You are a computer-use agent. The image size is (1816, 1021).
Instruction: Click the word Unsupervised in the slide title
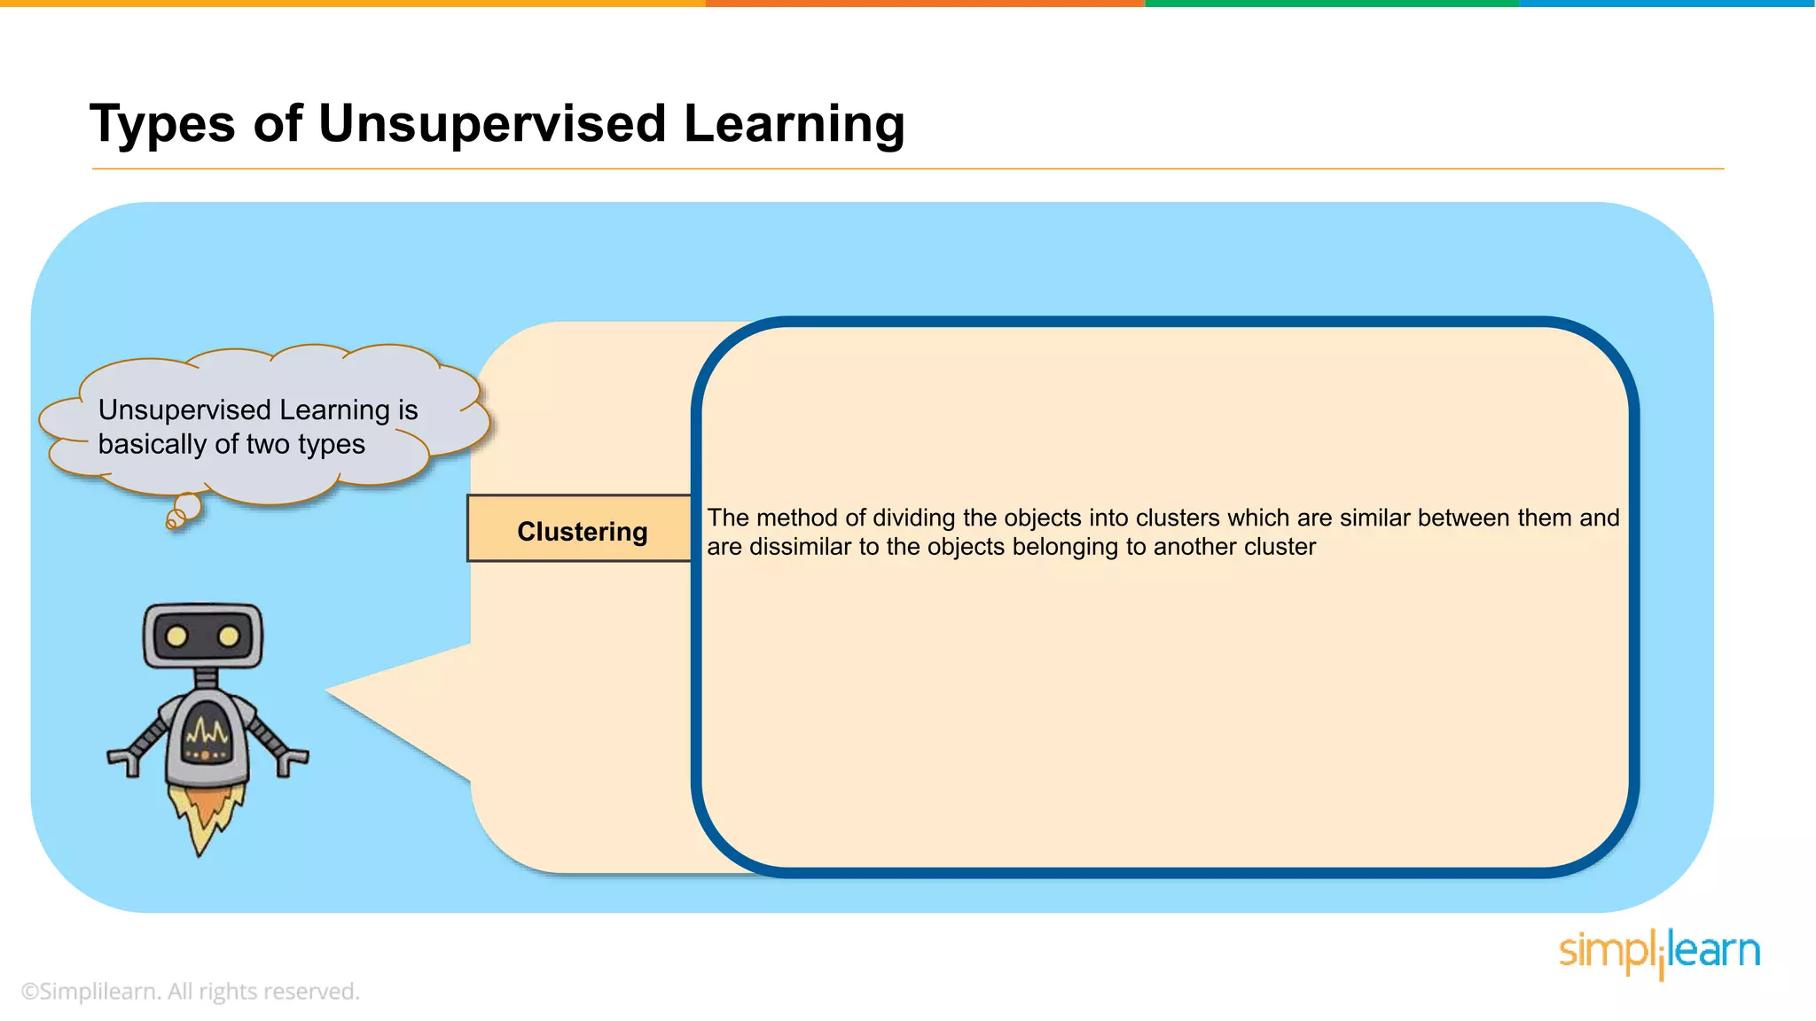tap(491, 123)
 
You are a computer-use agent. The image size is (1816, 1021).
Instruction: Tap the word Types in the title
tap(162, 125)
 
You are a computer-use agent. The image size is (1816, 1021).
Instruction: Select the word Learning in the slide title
tap(794, 125)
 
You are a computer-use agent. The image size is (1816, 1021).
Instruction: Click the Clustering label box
tap(581, 530)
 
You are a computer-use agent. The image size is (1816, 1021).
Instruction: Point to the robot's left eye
tap(176, 636)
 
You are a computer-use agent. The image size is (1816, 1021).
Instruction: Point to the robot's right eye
tap(229, 636)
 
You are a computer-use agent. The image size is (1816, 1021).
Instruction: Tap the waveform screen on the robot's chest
tap(206, 734)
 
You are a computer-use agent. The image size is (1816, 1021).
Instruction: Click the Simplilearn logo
tap(1659, 953)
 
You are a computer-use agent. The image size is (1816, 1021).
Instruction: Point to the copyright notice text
tap(190, 991)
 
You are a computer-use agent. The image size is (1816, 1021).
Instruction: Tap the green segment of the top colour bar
tap(1330, 4)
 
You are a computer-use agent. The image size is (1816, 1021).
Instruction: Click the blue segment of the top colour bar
tap(1667, 4)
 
